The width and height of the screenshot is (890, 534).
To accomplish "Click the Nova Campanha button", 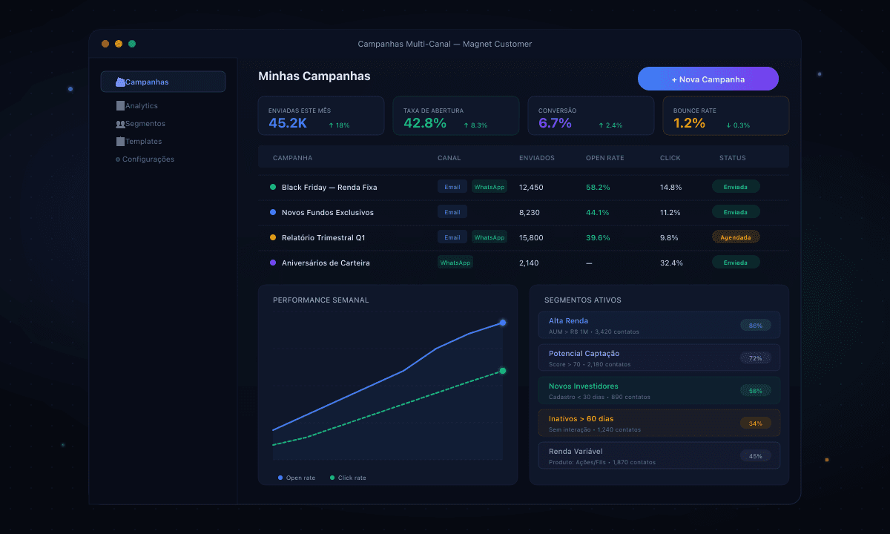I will (708, 79).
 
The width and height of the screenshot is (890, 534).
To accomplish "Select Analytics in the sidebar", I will (141, 106).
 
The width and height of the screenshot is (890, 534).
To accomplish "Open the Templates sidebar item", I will (142, 142).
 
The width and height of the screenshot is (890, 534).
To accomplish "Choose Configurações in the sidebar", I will (147, 159).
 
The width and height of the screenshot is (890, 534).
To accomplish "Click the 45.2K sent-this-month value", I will (288, 123).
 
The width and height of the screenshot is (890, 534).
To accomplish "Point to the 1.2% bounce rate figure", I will (689, 123).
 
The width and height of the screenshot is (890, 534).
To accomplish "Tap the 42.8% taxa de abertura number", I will (425, 123).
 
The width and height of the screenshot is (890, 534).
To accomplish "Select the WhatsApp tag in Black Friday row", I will (489, 187).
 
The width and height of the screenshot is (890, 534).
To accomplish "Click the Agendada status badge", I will (736, 237).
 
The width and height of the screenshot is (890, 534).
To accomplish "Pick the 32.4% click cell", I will (671, 263).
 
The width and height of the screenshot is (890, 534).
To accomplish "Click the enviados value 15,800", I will (531, 238).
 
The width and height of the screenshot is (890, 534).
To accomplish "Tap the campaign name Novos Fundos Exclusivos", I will (327, 213).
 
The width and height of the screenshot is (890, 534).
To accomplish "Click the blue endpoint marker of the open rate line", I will (503, 323).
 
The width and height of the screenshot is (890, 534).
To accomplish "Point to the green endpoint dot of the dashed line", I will (503, 371).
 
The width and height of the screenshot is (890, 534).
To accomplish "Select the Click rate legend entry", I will (351, 478).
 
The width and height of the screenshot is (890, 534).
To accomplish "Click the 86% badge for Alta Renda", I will (755, 326).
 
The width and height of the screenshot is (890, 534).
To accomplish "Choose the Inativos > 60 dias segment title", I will (581, 419).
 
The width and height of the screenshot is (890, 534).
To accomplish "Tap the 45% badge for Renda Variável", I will (755, 456).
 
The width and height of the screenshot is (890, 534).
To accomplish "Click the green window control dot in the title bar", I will (132, 44).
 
